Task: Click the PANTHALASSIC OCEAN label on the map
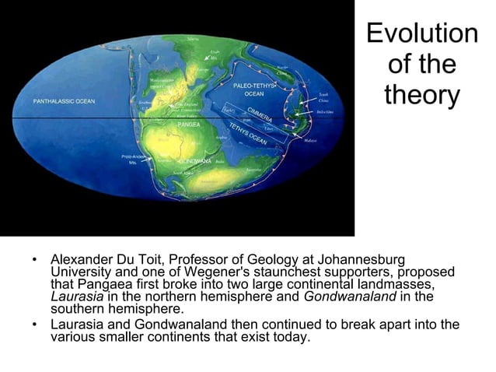[x=64, y=101]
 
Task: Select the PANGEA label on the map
[x=189, y=125]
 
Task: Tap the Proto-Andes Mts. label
[x=131, y=160]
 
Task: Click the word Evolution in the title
[x=422, y=33]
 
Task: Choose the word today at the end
[x=292, y=338]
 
